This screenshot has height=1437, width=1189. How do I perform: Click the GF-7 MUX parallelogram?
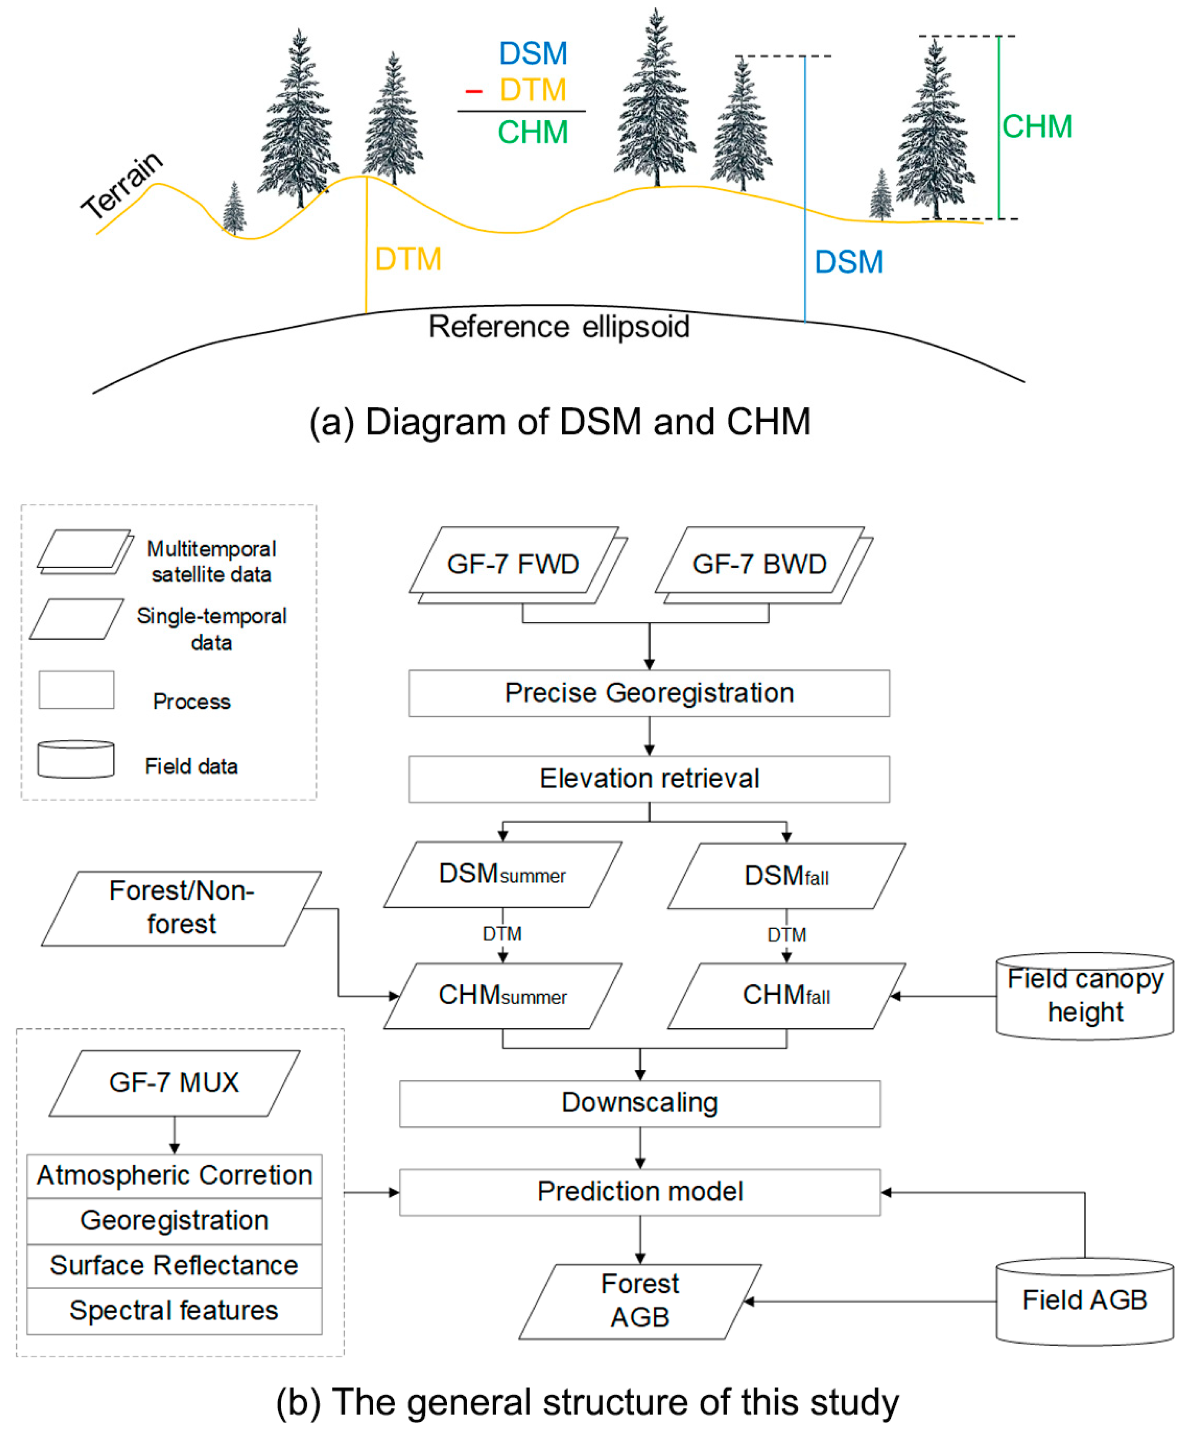[174, 1082]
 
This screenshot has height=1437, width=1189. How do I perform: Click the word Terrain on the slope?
[122, 185]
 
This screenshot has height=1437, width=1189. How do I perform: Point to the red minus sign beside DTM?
[474, 90]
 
